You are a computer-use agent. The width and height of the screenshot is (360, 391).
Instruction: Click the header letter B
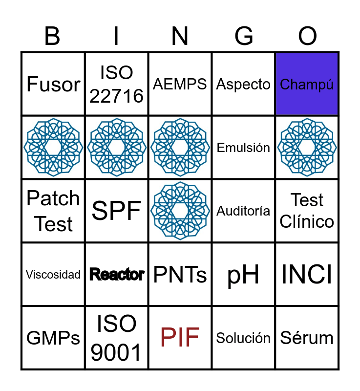[x=52, y=36]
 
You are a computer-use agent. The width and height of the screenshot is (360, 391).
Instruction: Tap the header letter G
[x=244, y=36]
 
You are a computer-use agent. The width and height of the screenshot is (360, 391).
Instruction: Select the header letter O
[x=307, y=36]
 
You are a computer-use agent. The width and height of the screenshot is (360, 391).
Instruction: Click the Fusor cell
[x=53, y=84]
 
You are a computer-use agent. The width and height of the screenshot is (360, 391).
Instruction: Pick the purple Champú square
[x=307, y=84]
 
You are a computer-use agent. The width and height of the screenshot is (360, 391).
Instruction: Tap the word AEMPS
[x=180, y=84]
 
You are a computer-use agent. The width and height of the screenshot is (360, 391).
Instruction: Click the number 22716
[x=116, y=96]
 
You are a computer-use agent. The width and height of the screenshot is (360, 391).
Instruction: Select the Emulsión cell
[x=243, y=148]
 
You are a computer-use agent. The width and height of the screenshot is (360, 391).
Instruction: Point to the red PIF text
[x=180, y=337]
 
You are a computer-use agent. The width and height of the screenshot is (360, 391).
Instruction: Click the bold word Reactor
[x=117, y=274]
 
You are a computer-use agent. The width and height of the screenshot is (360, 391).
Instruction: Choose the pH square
[x=243, y=274]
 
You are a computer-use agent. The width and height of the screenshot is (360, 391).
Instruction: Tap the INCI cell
[x=307, y=274]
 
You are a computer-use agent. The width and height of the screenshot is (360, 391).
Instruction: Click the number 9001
[x=116, y=352]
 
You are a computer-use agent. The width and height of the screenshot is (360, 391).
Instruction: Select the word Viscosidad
[x=53, y=275]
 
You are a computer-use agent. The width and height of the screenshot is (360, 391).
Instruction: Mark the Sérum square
[x=307, y=337]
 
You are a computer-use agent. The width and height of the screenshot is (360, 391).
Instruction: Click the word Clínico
[x=307, y=221]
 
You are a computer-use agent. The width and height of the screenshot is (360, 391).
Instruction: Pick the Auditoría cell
[x=243, y=211]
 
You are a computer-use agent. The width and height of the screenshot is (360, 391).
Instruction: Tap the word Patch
[x=53, y=198]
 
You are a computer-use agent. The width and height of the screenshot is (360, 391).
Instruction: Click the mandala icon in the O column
[x=307, y=148]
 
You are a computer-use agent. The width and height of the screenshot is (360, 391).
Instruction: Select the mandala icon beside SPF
[x=180, y=211]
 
